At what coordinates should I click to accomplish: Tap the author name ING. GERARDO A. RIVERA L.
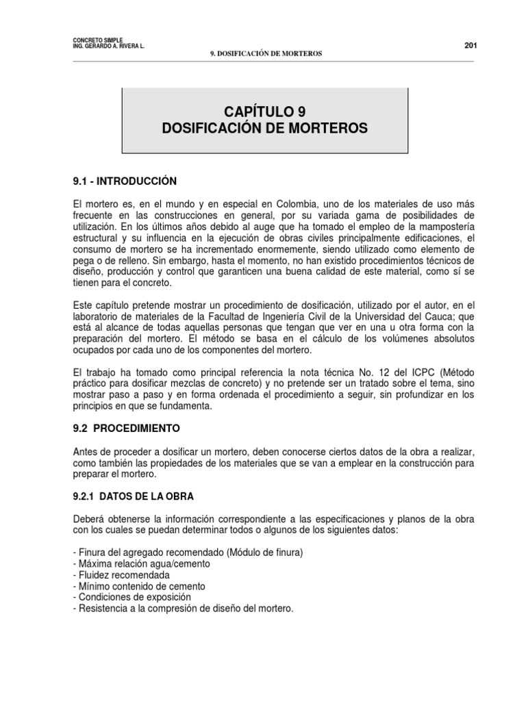108,47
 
